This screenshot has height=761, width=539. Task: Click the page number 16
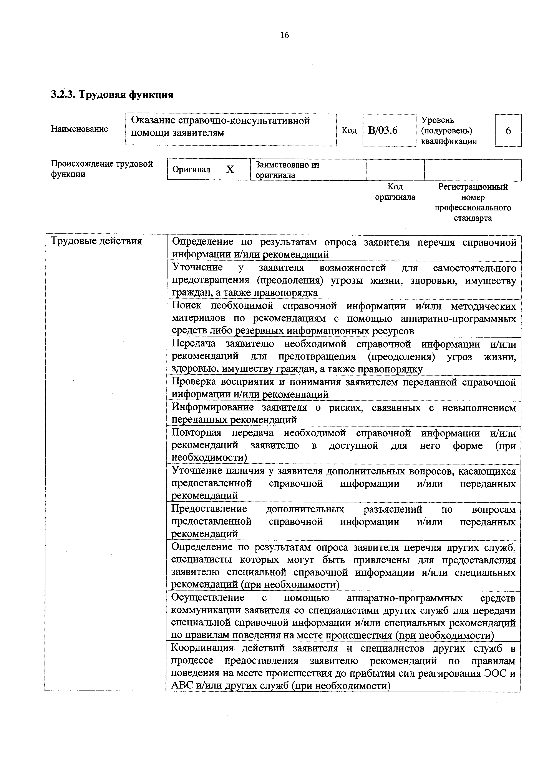click(x=284, y=35)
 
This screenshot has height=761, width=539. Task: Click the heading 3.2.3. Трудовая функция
click(x=112, y=95)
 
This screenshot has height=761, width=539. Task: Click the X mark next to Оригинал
click(x=230, y=170)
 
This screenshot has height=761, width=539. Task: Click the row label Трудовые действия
click(x=96, y=241)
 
